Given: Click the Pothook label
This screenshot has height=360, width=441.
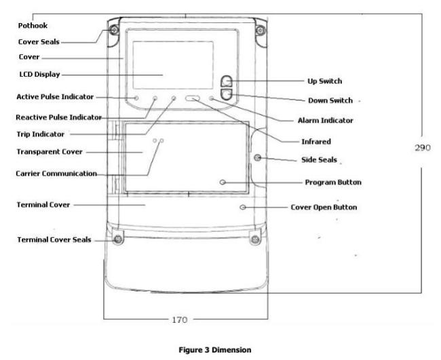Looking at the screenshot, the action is click(33, 26).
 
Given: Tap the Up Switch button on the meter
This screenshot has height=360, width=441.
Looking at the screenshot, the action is click(227, 81).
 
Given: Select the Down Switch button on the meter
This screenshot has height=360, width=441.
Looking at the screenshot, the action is click(227, 94).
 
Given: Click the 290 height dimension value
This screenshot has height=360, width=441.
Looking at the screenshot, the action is click(423, 148).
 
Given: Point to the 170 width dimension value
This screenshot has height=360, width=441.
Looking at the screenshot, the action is click(179, 319).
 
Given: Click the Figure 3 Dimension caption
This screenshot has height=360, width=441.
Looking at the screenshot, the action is click(215, 350).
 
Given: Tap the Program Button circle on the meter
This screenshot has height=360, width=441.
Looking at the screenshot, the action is click(223, 182).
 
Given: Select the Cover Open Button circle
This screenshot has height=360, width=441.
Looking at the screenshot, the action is click(243, 207).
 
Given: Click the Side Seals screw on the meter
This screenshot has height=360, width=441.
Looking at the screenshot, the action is click(257, 157).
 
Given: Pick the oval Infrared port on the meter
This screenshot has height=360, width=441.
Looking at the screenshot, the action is click(193, 98).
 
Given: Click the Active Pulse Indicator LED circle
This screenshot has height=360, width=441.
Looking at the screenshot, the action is click(136, 98).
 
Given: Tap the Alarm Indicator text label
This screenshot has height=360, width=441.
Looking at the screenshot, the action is click(325, 121).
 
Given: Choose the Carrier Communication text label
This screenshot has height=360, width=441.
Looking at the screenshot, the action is click(56, 174).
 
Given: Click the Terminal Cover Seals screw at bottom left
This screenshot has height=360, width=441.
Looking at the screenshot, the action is click(118, 239).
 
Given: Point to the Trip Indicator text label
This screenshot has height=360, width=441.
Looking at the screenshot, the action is click(41, 134).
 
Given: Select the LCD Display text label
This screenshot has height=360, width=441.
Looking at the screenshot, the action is click(39, 75).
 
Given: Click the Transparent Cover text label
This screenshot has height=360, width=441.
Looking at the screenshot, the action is click(50, 152).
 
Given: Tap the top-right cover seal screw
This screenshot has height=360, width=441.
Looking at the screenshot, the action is click(261, 30).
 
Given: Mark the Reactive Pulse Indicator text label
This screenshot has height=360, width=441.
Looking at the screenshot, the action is click(58, 117).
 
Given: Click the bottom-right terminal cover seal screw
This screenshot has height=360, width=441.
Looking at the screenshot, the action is click(255, 239).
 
